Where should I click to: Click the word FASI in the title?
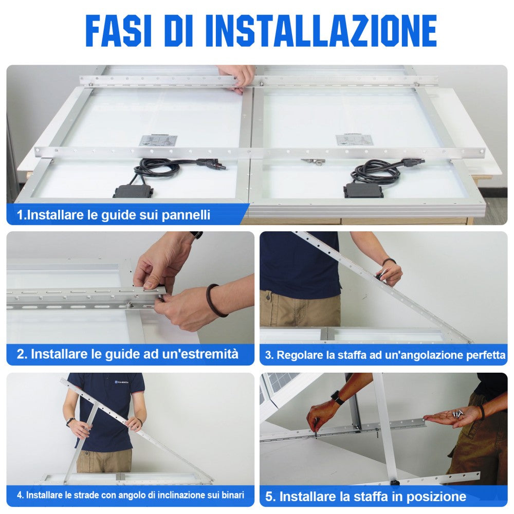(x=119, y=31)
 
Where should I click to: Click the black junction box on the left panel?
(x=133, y=191)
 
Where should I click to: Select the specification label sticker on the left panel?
(x=159, y=141)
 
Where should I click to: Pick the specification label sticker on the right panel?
(x=355, y=140)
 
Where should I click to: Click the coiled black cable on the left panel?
(x=157, y=169)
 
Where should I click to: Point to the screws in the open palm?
(x=457, y=414)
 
